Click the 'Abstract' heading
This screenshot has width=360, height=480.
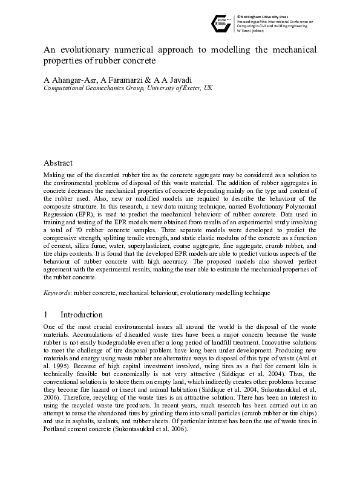click(58, 163)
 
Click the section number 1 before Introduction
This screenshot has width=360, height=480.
click(45, 314)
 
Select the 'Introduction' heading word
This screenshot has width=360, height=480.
click(82, 314)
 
